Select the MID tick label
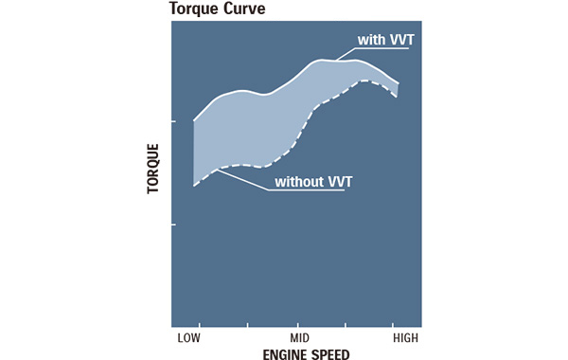pyautogui.click(x=300, y=336)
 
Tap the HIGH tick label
pyautogui.click(x=404, y=336)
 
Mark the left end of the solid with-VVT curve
pyautogui.click(x=194, y=120)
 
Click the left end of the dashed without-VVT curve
pyautogui.click(x=194, y=186)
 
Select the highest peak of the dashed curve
pyautogui.click(x=364, y=81)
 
